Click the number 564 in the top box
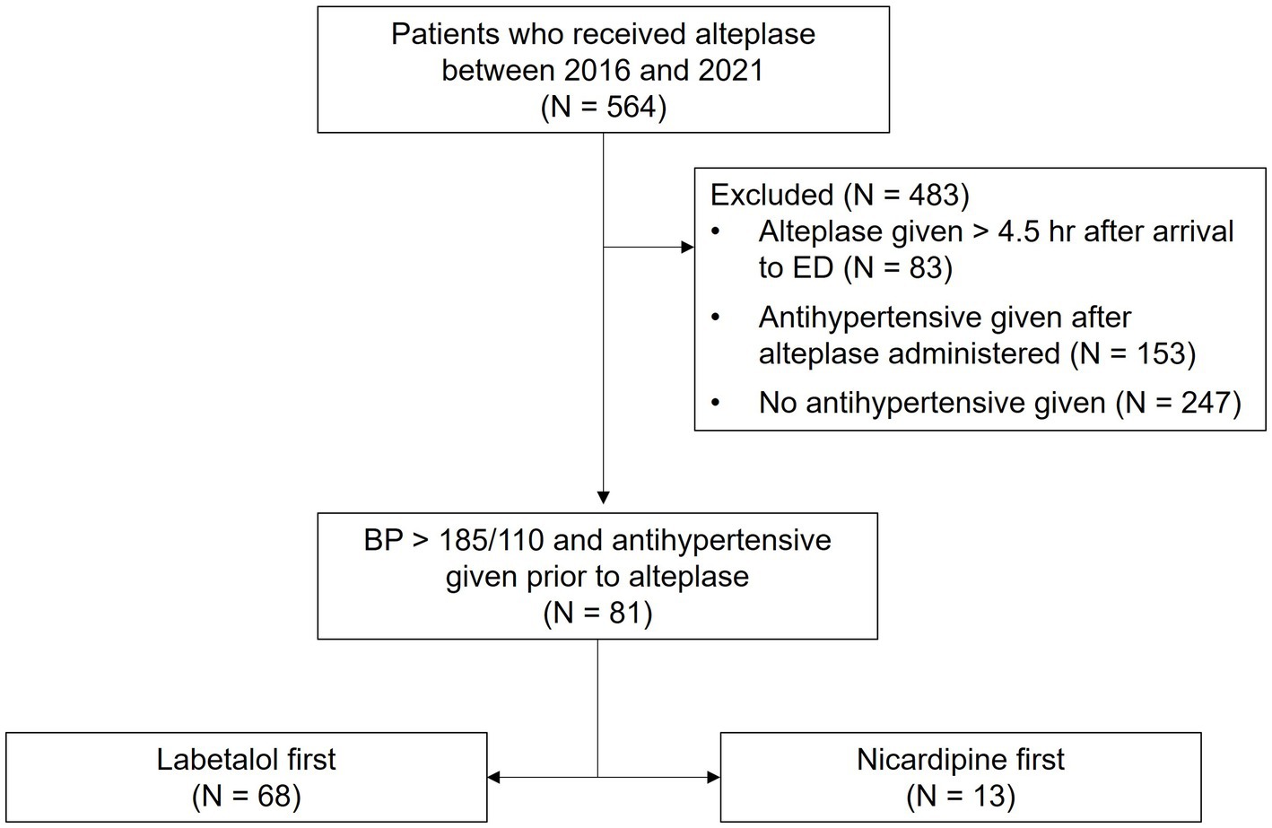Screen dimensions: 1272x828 pyautogui.click(x=631, y=107)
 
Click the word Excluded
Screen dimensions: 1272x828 pyautogui.click(x=772, y=196)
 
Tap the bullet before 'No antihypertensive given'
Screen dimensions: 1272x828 pyautogui.click(x=716, y=403)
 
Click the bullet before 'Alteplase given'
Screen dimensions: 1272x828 pyautogui.click(x=716, y=231)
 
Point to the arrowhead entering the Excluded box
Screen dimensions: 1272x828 pyautogui.click(x=688, y=248)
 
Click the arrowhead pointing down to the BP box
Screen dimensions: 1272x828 pyautogui.click(x=604, y=498)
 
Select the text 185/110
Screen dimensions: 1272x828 pyautogui.click(x=492, y=540)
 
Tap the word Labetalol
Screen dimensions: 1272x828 pyautogui.click(x=218, y=759)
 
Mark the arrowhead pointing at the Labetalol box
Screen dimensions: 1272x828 pyautogui.click(x=494, y=778)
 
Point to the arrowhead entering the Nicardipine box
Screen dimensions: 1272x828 pyautogui.click(x=714, y=778)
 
